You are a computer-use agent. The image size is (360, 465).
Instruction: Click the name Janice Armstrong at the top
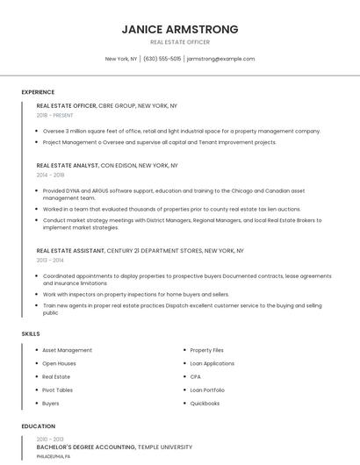click(x=180, y=29)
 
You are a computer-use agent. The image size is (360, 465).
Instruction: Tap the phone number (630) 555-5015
click(x=162, y=59)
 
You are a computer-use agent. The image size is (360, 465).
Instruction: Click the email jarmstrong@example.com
click(x=220, y=59)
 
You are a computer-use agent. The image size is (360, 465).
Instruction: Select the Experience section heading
click(x=38, y=92)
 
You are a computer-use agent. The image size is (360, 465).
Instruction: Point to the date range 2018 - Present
click(x=55, y=115)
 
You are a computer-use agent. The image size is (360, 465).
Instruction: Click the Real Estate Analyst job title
click(x=68, y=165)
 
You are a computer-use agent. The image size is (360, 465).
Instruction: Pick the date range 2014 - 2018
click(x=51, y=175)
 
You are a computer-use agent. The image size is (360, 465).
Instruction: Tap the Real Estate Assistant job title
click(x=71, y=251)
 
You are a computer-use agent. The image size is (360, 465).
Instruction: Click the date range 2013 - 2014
click(x=51, y=261)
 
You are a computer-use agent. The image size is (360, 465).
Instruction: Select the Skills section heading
click(x=31, y=334)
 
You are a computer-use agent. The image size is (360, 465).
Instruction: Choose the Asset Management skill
click(x=68, y=350)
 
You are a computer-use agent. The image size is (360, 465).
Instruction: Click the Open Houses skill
click(x=60, y=363)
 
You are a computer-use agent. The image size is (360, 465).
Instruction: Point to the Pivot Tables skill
click(x=58, y=390)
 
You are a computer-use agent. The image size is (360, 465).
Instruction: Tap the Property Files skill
click(x=207, y=350)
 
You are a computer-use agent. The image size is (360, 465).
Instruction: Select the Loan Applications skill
click(x=212, y=363)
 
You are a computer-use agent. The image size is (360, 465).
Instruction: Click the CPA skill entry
click(x=196, y=376)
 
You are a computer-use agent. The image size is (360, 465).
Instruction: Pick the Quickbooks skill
click(x=205, y=404)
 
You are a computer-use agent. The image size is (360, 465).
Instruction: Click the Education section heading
click(x=39, y=426)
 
